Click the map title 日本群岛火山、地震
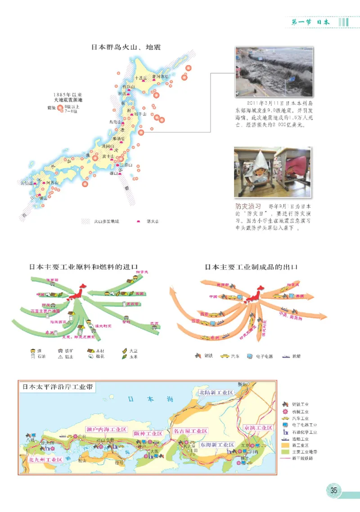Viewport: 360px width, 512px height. click(126, 47)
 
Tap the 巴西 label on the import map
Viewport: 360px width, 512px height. click(155, 323)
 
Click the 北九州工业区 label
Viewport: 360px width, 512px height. click(45, 460)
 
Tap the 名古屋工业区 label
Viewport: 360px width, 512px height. click(190, 431)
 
